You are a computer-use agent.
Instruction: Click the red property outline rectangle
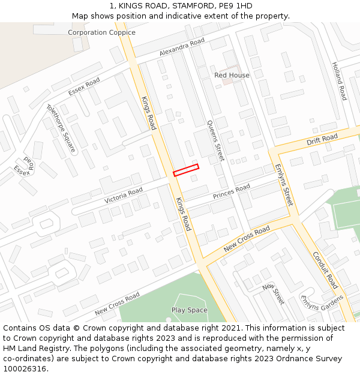click(186, 170)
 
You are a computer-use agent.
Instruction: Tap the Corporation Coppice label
click(101, 32)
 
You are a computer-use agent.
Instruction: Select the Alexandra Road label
click(182, 48)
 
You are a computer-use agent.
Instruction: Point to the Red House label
click(232, 75)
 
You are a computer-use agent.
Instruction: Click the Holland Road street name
click(339, 81)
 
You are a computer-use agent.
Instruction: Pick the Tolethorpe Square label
click(61, 128)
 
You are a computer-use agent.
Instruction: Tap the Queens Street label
click(215, 140)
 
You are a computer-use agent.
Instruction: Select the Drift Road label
click(322, 140)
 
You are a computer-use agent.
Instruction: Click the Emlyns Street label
click(283, 185)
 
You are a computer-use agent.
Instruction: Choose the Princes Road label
click(231, 193)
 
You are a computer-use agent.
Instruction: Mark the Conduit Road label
click(325, 269)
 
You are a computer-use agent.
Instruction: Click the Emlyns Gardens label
click(322, 306)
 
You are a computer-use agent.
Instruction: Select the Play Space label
click(189, 310)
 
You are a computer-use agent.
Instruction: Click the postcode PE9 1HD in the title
click(233, 6)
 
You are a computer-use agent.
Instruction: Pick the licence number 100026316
click(25, 368)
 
